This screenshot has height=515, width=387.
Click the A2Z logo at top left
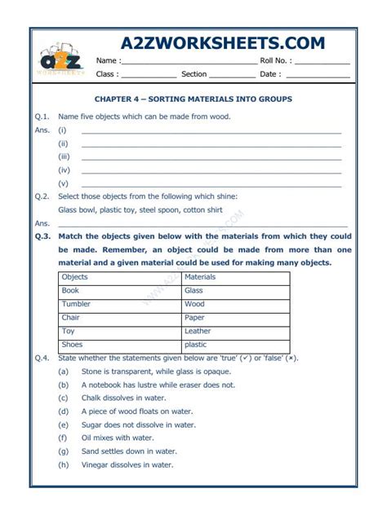point(60,59)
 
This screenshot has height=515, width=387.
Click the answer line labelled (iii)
point(211,158)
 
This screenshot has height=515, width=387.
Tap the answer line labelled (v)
point(211,185)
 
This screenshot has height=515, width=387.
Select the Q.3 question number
point(42,236)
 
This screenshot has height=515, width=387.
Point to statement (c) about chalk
point(123,398)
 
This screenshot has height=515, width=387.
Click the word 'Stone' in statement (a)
point(91,372)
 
